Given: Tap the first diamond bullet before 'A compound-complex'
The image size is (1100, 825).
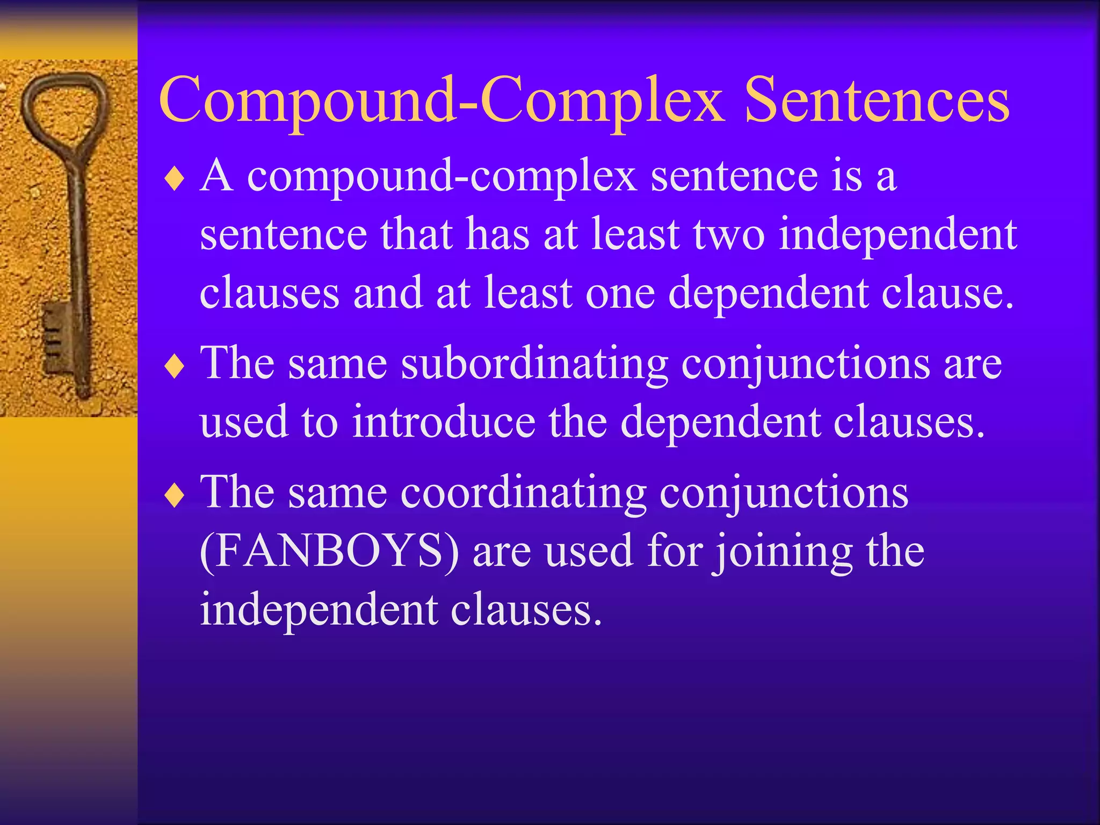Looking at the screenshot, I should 175,179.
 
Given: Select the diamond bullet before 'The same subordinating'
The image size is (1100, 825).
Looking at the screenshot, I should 175,367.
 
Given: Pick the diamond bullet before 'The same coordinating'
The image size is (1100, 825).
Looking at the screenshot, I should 175,496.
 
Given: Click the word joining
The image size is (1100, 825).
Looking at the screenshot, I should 782,553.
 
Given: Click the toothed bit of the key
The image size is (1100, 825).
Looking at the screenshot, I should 56,338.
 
